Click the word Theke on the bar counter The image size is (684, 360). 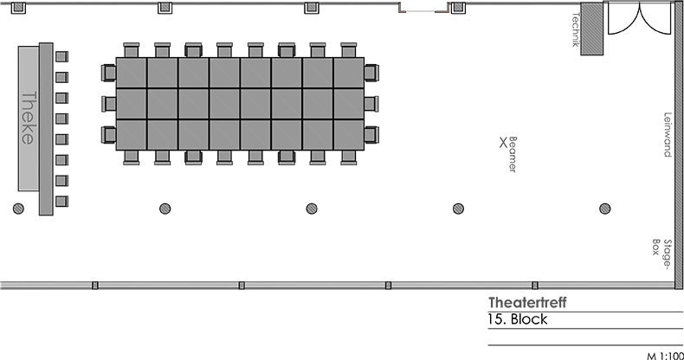[29, 118]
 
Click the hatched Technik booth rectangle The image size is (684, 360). [592, 30]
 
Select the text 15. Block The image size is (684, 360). [518, 319]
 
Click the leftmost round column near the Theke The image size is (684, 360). [18, 208]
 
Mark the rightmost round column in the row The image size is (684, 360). [604, 208]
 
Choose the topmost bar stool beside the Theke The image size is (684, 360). [61, 57]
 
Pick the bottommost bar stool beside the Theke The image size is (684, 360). [61, 202]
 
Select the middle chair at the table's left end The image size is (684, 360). [109, 104]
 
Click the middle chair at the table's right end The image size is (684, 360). [371, 104]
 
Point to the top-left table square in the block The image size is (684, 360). [132, 73]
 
